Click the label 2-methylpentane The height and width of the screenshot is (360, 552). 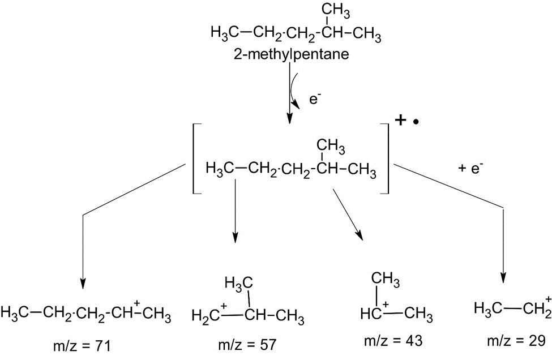click(291, 54)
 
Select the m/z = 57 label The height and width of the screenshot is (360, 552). click(247, 345)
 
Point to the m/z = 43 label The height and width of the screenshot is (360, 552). click(393, 340)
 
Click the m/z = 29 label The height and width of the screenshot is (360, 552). click(516, 340)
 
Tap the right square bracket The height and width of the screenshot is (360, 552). click(385, 158)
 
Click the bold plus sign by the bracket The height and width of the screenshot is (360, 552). click(400, 121)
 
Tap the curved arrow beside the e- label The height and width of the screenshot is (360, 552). click(294, 91)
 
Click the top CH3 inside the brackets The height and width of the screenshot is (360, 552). click(330, 145)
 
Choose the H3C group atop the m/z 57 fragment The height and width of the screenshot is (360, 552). click(238, 283)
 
